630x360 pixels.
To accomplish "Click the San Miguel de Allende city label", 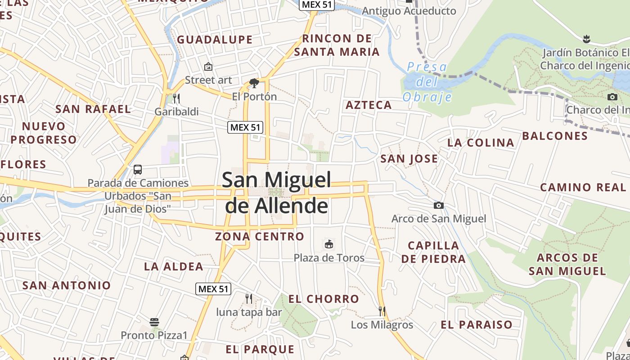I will coord(276,193).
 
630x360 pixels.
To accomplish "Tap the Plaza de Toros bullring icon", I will coord(329,244).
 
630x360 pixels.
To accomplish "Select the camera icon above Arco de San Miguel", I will coord(439,206).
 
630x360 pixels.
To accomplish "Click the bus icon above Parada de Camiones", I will coord(138,170).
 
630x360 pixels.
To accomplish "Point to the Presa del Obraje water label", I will coord(427,82).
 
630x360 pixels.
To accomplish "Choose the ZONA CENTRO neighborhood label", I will coord(260,236).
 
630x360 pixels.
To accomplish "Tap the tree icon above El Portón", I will coord(254,83).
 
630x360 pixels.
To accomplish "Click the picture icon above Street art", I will coord(208,67).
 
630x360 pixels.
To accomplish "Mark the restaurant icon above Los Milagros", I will coord(382,311).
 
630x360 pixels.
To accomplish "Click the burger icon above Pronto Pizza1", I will coord(154,322).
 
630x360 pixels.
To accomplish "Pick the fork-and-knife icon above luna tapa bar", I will coord(248,298).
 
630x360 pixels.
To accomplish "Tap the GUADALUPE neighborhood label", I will coord(215,40).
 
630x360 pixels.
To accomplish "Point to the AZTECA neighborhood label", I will coord(369,105).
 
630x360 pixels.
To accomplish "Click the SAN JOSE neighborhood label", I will coord(409,158).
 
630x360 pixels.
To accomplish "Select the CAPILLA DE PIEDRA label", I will coord(433,252).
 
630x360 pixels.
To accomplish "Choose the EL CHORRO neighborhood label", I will coord(324,299).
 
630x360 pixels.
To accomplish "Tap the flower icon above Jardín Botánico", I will coord(586,39).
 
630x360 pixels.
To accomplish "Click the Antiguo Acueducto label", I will coord(409,11).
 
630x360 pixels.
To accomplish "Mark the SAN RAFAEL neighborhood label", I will coord(93,109).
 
